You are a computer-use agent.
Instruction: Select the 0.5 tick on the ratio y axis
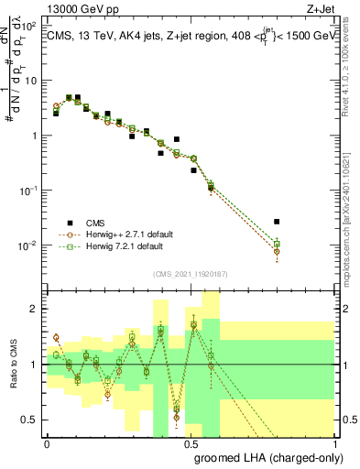[x=32, y=420]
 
